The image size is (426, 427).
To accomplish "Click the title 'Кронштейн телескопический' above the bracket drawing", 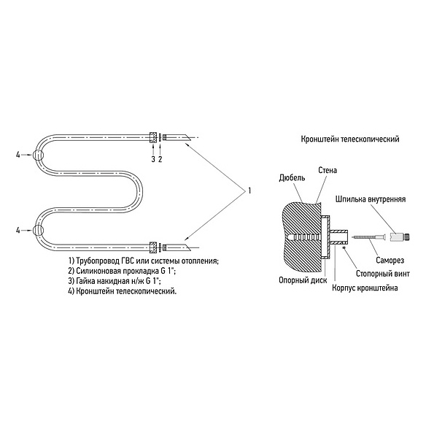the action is pos(350,139).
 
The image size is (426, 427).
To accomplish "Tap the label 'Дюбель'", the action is pos(292,178).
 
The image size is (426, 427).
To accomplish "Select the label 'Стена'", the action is pos(328,170).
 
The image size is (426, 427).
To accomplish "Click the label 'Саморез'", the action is pos(390,260).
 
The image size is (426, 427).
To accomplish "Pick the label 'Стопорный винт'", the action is pos(383,274).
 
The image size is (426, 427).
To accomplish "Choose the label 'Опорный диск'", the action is pos(303,280).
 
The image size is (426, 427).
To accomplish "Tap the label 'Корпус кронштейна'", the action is pos(365,288).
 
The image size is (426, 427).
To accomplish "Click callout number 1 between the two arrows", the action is pos(249,191).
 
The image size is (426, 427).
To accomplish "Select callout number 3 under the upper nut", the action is pos(153,159).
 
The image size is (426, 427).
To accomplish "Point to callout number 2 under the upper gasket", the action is pos(160,159).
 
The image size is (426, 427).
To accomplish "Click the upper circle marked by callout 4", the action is pos(39,155).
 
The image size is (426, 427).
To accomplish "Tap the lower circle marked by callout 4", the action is pos(39,230).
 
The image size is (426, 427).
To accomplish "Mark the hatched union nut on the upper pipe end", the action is pos(153,137).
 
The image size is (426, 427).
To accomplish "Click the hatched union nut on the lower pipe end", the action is pos(153,247).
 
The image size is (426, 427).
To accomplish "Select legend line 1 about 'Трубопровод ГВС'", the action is pos(144,261).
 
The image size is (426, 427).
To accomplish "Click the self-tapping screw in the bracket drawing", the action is pos(368,238).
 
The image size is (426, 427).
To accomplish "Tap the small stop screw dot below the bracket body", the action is pos(344,247).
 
